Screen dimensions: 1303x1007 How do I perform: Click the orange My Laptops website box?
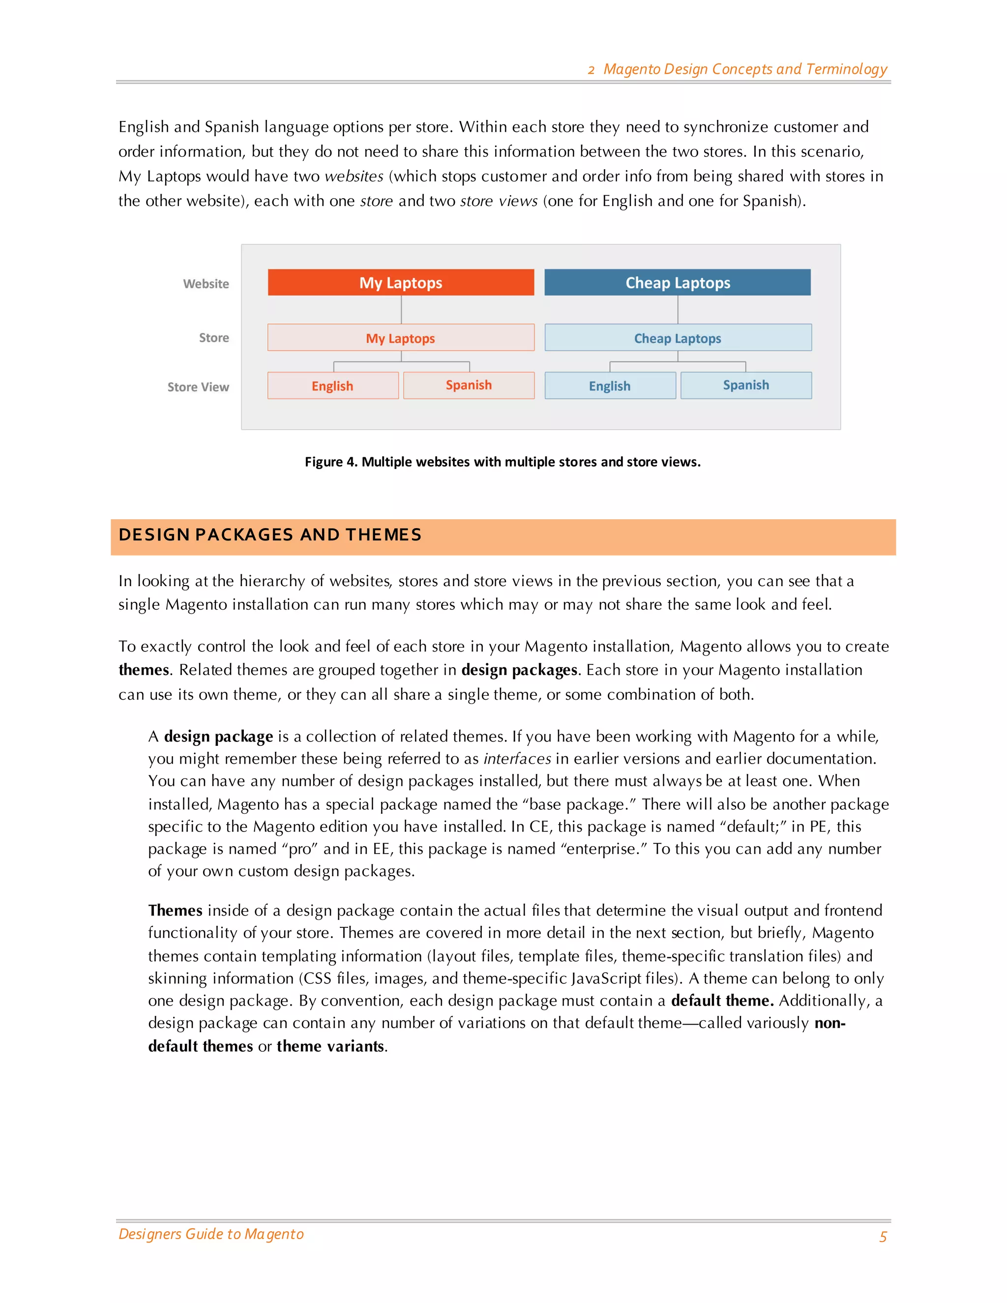400,282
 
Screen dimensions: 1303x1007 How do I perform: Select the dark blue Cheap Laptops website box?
677,282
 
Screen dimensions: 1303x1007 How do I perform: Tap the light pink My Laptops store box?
400,338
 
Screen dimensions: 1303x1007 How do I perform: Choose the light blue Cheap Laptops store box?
677,338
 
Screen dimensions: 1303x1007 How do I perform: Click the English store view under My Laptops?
332,385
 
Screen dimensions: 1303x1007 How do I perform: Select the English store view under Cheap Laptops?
610,385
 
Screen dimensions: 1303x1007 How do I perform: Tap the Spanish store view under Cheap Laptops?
746,385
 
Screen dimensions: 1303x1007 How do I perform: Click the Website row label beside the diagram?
206,284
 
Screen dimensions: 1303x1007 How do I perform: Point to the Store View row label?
198,387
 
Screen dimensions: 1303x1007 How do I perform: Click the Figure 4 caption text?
503,462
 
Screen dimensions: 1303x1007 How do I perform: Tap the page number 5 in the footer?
883,1237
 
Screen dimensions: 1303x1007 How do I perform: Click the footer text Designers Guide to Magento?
211,1234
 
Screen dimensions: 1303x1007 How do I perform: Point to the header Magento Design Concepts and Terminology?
744,69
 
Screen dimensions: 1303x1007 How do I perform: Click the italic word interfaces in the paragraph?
517,759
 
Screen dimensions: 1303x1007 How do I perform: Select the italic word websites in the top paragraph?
354,177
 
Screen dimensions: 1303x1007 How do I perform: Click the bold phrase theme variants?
330,1046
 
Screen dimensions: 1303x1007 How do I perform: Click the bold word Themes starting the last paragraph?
176,911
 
